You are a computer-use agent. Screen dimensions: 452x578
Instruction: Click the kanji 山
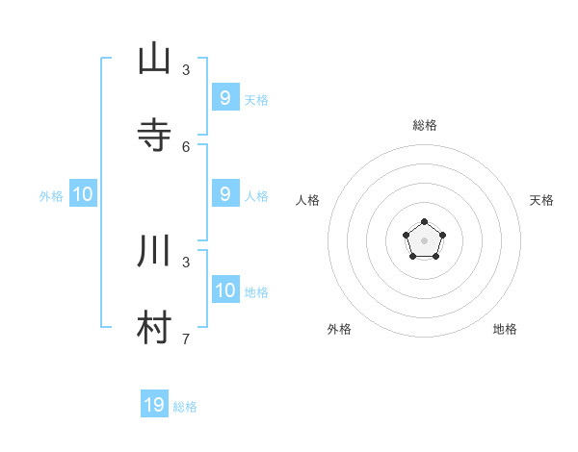click(154, 59)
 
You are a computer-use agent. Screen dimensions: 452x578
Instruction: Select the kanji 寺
click(154, 136)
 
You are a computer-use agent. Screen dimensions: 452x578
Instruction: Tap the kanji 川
click(154, 252)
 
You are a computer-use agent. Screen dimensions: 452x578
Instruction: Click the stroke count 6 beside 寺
click(186, 146)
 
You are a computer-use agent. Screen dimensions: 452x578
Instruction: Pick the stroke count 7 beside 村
click(186, 339)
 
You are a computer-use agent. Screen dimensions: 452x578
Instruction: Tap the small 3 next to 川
click(186, 262)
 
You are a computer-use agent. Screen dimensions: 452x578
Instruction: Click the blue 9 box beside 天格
click(225, 97)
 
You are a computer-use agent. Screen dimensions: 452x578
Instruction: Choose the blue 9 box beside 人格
click(225, 194)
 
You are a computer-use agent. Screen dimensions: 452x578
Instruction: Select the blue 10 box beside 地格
click(225, 290)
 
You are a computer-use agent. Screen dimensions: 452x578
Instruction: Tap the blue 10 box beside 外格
click(83, 194)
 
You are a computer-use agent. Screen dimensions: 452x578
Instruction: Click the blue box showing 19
click(154, 405)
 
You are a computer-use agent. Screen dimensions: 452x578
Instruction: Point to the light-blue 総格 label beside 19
click(185, 407)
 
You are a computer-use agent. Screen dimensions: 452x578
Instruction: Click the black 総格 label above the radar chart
click(425, 125)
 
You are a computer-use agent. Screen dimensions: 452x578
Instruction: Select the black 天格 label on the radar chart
click(542, 200)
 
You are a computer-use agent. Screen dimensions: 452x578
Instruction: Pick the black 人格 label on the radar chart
click(307, 200)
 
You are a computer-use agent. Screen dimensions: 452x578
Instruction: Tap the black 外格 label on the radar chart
click(339, 329)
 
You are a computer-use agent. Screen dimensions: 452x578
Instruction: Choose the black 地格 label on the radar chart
click(505, 329)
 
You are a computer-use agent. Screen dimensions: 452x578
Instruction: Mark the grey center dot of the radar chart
click(425, 240)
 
